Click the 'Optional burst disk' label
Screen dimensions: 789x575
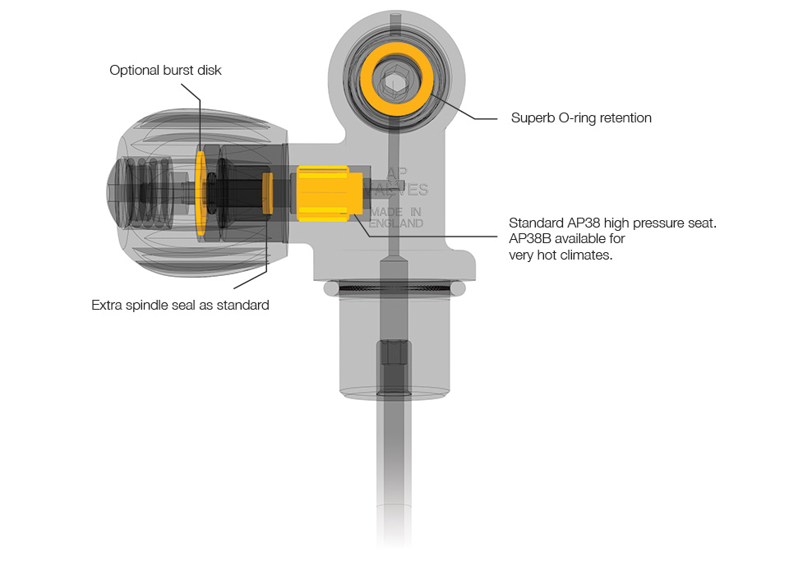click(x=165, y=70)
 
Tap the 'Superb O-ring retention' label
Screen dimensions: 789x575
click(x=581, y=117)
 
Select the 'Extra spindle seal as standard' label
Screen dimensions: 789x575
click(x=180, y=305)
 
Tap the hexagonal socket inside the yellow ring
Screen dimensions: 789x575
click(x=395, y=82)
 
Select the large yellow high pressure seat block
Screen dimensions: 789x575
click(x=330, y=194)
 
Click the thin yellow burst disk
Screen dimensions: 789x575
click(x=201, y=193)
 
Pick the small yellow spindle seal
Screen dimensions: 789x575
click(x=268, y=193)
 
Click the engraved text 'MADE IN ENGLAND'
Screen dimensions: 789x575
click(x=395, y=218)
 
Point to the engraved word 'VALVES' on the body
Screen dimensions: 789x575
click(x=401, y=190)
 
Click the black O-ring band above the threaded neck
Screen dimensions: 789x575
click(x=394, y=288)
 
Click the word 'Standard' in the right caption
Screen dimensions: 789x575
click(x=537, y=223)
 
